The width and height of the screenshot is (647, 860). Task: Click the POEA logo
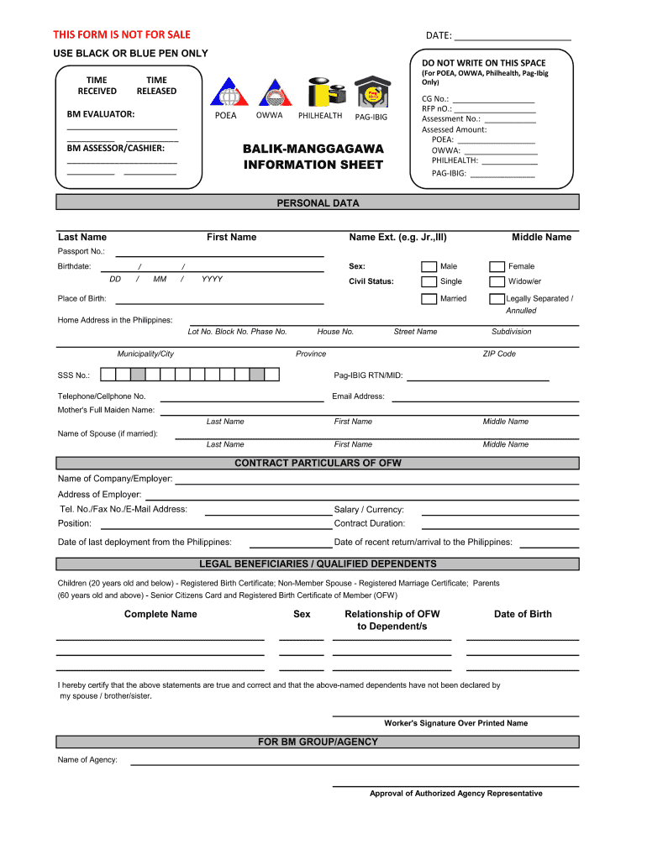click(x=226, y=92)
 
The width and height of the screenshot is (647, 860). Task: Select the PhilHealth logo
click(x=320, y=91)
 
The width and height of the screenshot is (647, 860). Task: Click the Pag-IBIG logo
click(x=370, y=92)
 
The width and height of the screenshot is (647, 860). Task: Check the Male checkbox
click(x=429, y=267)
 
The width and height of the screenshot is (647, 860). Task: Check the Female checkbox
click(x=497, y=267)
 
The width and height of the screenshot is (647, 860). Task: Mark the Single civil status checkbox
click(x=429, y=282)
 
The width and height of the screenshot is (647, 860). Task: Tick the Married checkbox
click(x=429, y=300)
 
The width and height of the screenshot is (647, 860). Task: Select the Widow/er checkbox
click(x=497, y=282)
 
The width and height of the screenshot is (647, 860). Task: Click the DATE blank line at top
click(x=512, y=39)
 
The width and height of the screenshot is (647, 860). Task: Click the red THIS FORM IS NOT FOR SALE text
click(x=122, y=34)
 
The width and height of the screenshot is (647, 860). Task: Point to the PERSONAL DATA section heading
click(x=318, y=203)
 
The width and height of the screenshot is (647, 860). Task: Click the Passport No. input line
click(x=218, y=255)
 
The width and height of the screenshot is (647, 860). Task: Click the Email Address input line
click(x=485, y=401)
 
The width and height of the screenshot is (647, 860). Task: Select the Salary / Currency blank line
click(x=499, y=513)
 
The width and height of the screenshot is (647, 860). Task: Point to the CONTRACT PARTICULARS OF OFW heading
click(x=318, y=463)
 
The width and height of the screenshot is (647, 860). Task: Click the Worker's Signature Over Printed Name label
click(x=455, y=723)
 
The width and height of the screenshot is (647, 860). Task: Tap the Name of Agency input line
click(x=354, y=763)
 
